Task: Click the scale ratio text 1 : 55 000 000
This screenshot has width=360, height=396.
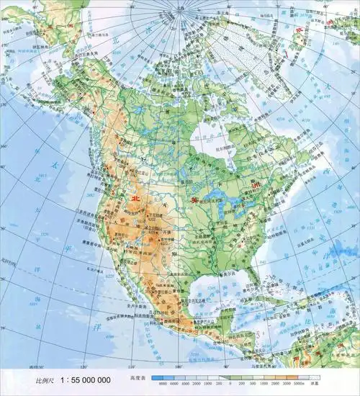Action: coord(86,379)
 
